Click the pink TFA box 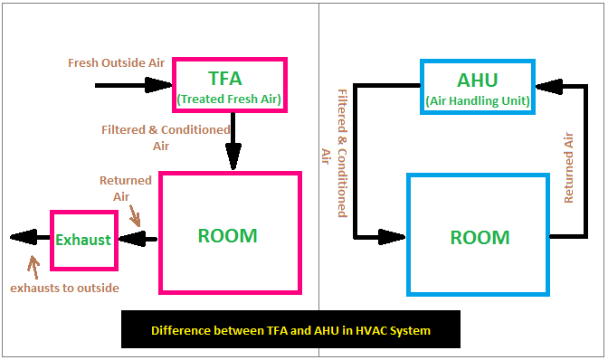(229, 86)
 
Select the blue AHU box (479, 87)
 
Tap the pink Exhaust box (83, 240)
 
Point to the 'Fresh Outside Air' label (117, 63)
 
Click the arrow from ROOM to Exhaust (138, 240)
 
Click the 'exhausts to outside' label (64, 288)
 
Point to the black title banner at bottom (290, 330)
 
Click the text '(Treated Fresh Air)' (229, 99)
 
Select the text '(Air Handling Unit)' (479, 99)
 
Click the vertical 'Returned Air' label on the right (568, 167)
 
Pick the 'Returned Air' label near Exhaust (125, 187)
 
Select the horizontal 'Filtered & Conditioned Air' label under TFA (166, 137)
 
